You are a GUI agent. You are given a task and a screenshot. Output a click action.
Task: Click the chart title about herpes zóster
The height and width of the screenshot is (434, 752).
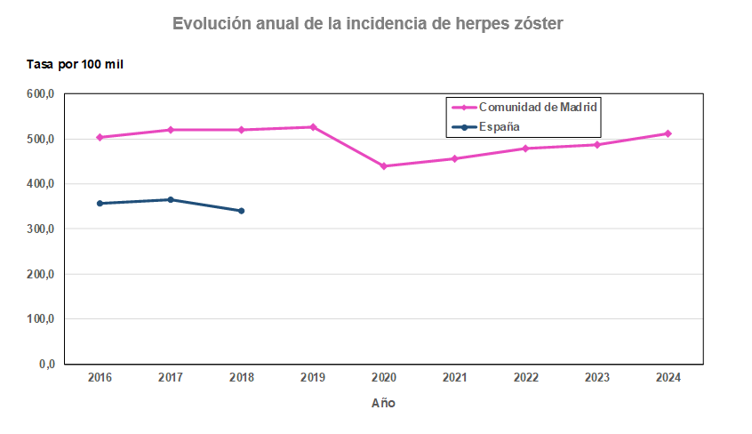pyautogui.click(x=367, y=24)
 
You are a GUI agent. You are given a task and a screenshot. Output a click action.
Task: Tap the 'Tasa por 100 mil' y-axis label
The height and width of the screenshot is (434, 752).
pyautogui.click(x=73, y=65)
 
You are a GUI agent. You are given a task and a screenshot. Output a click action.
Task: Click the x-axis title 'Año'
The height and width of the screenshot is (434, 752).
pyautogui.click(x=383, y=403)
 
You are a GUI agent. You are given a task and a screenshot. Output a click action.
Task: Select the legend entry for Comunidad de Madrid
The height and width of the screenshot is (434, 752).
pyautogui.click(x=537, y=107)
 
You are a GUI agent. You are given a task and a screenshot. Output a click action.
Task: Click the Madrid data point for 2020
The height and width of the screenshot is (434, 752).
pyautogui.click(x=384, y=166)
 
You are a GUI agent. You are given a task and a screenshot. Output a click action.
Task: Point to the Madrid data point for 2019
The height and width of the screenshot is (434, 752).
pyautogui.click(x=313, y=127)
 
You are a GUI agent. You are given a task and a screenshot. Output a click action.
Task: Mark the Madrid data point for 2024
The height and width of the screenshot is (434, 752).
pyautogui.click(x=668, y=133)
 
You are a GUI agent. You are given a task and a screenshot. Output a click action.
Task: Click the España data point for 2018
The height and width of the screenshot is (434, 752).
pyautogui.click(x=242, y=211)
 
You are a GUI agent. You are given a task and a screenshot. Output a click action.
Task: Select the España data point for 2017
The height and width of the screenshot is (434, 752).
pyautogui.click(x=171, y=200)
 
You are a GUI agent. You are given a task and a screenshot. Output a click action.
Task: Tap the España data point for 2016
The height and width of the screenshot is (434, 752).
pyautogui.click(x=100, y=204)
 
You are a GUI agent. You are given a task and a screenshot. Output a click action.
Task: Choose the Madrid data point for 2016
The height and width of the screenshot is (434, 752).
pyautogui.click(x=100, y=137)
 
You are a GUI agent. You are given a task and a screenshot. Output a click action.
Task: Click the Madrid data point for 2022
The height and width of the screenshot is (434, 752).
pyautogui.click(x=525, y=149)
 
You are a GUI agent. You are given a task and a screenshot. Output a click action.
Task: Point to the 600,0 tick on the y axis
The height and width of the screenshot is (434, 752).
pyautogui.click(x=42, y=94)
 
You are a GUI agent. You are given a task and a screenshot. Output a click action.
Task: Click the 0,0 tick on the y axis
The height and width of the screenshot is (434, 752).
pyautogui.click(x=47, y=365)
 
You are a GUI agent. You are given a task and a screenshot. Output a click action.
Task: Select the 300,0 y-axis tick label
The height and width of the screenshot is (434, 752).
pyautogui.click(x=42, y=229)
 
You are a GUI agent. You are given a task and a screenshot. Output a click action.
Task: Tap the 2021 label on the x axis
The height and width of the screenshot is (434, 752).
pyautogui.click(x=454, y=377)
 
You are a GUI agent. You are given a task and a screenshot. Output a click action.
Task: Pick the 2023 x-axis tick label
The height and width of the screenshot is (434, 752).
pyautogui.click(x=596, y=377)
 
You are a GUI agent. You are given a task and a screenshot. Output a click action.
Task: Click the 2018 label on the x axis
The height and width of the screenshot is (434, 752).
pyautogui.click(x=242, y=377)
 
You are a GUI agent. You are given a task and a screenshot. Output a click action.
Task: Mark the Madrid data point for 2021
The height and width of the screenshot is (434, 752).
pyautogui.click(x=454, y=158)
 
